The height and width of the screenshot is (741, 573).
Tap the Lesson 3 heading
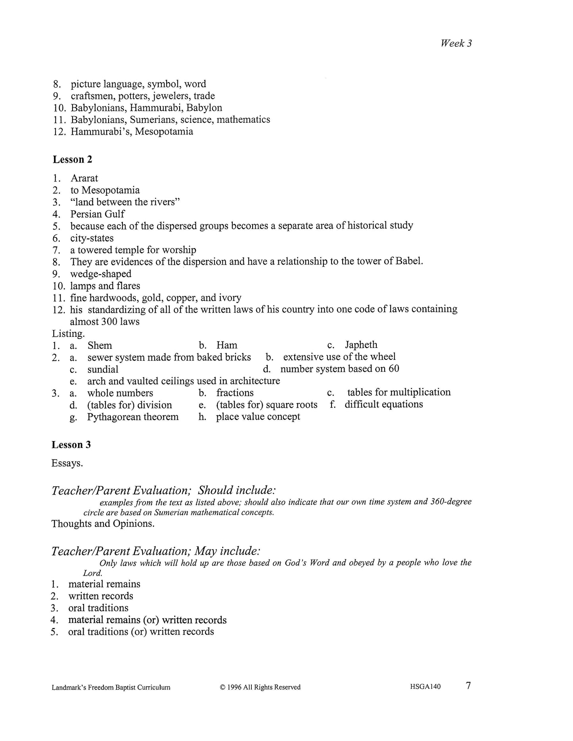[71, 445]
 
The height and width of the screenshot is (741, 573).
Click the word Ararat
[84, 178]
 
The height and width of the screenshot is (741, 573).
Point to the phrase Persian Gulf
[97, 214]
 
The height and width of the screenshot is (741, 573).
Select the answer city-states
[92, 238]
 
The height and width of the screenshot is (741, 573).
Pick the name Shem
[100, 345]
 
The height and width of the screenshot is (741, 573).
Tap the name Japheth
[361, 345]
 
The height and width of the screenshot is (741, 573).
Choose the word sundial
[103, 369]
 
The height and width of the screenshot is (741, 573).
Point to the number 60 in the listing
[393, 369]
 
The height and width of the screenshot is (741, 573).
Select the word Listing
[68, 333]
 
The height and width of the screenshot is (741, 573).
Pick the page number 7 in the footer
[468, 686]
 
